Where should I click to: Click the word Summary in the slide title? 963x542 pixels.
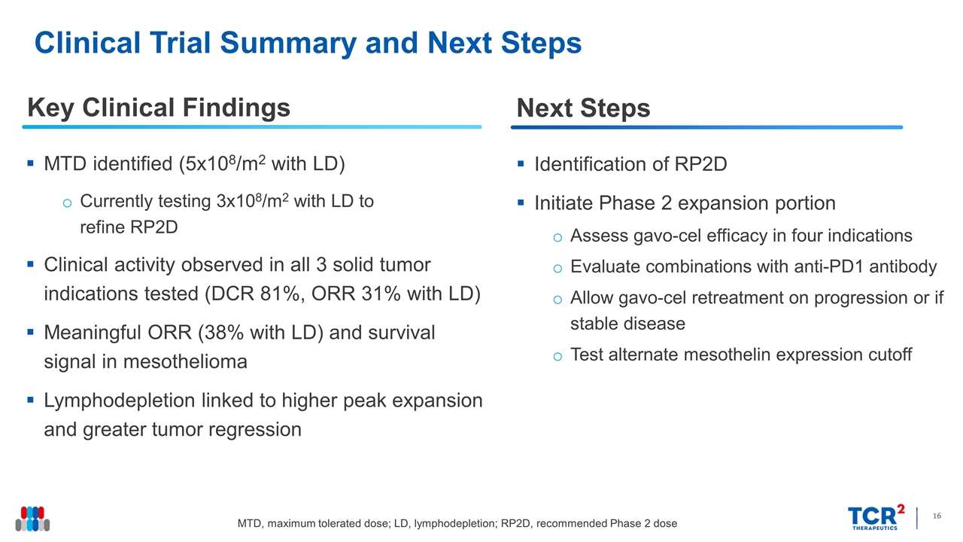(x=288, y=44)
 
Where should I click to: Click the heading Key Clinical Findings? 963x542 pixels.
(x=159, y=108)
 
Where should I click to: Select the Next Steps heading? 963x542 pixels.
(x=583, y=108)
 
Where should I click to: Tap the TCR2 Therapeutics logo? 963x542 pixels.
(x=876, y=517)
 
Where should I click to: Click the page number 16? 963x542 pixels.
(x=937, y=516)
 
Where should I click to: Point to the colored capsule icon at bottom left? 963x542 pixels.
(x=32, y=519)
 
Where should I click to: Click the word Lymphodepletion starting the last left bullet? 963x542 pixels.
(x=120, y=401)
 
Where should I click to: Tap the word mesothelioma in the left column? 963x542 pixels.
(x=185, y=361)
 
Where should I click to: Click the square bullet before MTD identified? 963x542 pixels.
(x=30, y=163)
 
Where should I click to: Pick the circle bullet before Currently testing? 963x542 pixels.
(x=67, y=202)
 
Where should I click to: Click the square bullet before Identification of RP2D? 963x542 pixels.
(x=521, y=163)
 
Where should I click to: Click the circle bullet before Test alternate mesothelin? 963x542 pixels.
(x=557, y=357)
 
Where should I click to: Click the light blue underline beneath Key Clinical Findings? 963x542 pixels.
(x=252, y=127)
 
